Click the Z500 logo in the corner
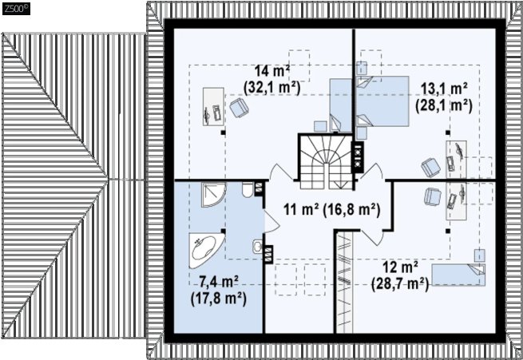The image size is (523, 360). pos(16,9)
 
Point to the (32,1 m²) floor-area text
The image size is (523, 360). pos(271,88)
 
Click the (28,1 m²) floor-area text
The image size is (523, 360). pos(444,105)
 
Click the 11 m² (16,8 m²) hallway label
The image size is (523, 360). pos(332,210)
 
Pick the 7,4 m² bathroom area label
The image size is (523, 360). pos(219,283)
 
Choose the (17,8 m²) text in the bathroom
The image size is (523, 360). pos(219,299)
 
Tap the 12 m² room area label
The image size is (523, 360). pos(400,267)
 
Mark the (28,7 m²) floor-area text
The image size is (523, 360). pos(400,284)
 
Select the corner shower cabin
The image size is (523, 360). pos(213,195)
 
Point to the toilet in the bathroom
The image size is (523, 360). pos(248,190)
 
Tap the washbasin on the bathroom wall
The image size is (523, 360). pos(257,247)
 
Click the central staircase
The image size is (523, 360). pos(326,161)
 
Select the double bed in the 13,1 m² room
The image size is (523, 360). pos(382,101)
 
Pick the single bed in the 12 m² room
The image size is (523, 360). pos(458,275)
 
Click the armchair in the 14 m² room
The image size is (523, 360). pos(240,108)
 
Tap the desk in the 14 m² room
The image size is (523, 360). pos(213,107)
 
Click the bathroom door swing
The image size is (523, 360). pos(271,221)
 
